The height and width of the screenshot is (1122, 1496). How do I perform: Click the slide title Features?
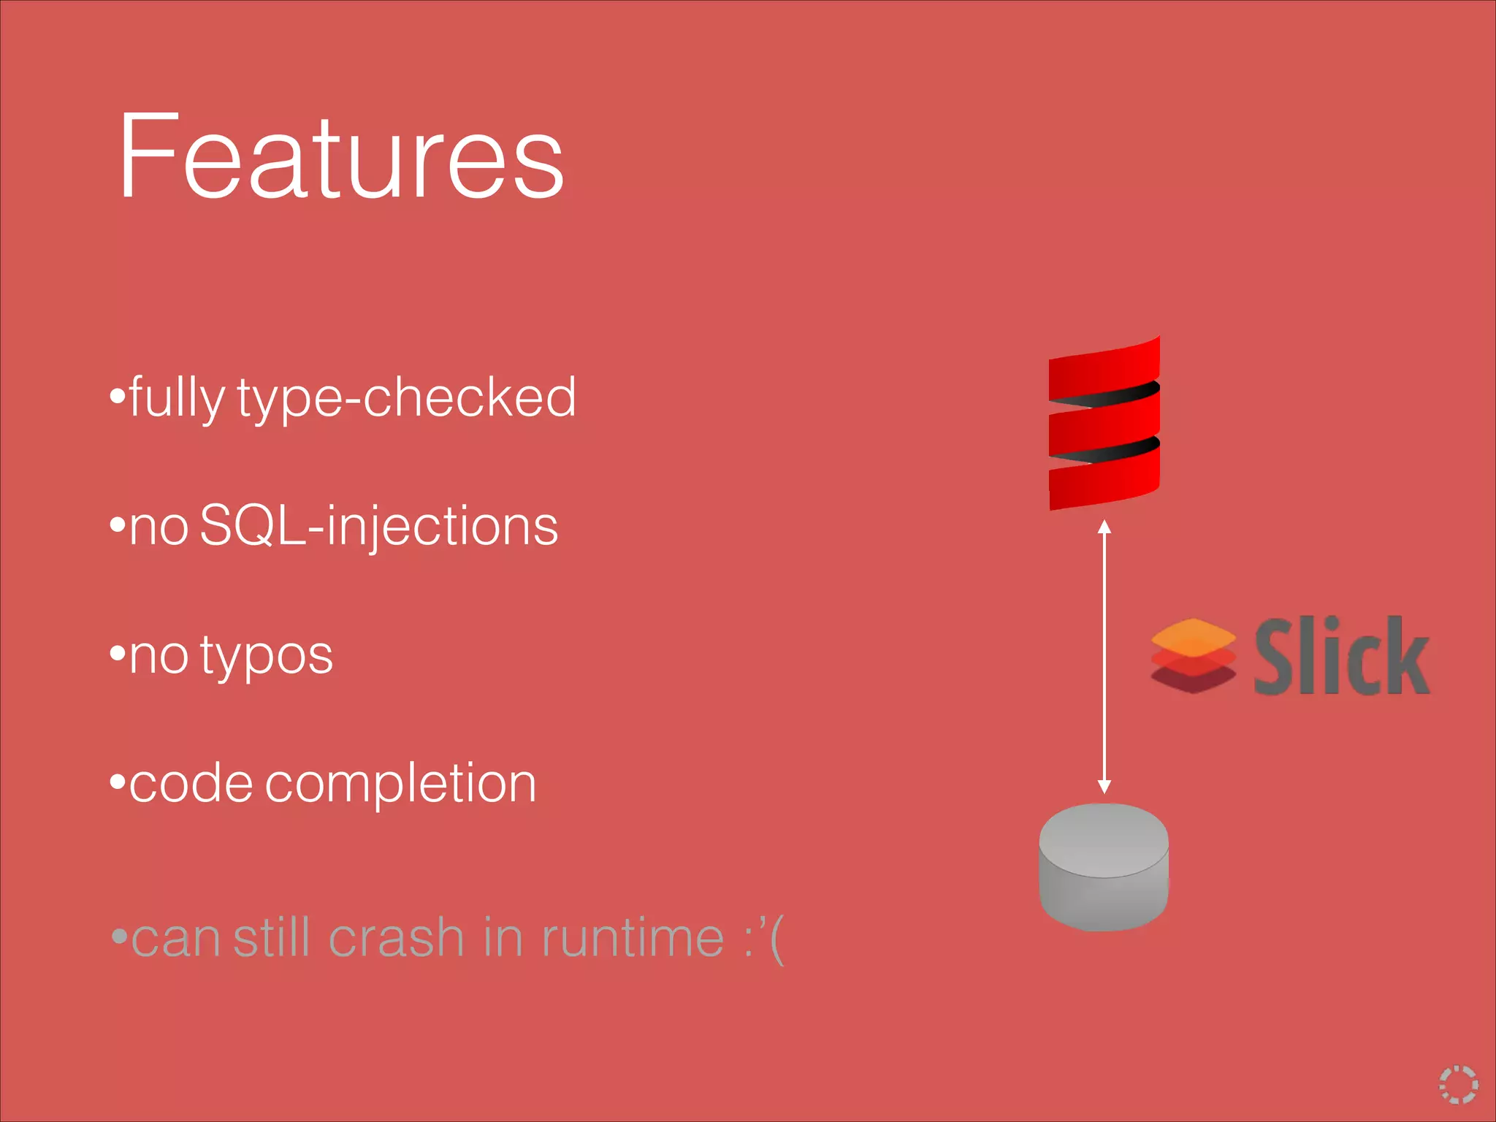click(x=340, y=156)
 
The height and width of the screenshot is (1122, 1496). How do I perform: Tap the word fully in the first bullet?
click(x=177, y=398)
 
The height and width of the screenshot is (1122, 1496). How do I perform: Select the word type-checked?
click(x=406, y=398)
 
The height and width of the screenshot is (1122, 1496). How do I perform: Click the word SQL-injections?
click(x=378, y=526)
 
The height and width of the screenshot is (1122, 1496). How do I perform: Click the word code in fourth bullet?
click(x=191, y=783)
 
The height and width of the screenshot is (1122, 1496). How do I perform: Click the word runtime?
click(x=633, y=938)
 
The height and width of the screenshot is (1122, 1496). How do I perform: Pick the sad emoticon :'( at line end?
click(x=764, y=939)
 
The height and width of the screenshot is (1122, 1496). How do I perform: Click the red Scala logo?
click(x=1104, y=424)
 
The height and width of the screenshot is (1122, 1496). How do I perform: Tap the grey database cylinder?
click(x=1104, y=867)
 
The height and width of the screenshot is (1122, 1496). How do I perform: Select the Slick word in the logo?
click(x=1341, y=656)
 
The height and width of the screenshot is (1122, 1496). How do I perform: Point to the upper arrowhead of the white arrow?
click(x=1104, y=527)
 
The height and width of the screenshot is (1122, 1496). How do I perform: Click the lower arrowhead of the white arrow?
click(x=1104, y=786)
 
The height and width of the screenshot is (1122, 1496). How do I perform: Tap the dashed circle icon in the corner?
click(x=1458, y=1084)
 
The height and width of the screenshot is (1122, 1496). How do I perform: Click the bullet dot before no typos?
click(x=117, y=652)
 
